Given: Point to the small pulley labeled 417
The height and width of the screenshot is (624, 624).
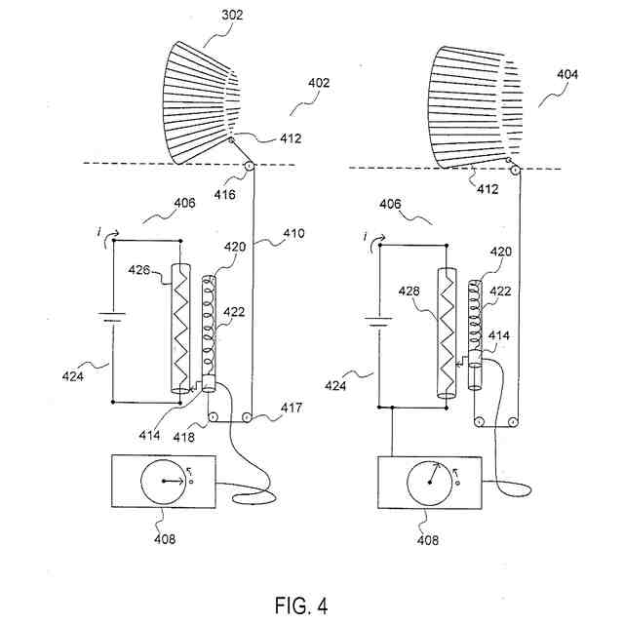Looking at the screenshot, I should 248,419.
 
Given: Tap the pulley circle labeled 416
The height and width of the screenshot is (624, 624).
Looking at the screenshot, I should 248,168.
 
